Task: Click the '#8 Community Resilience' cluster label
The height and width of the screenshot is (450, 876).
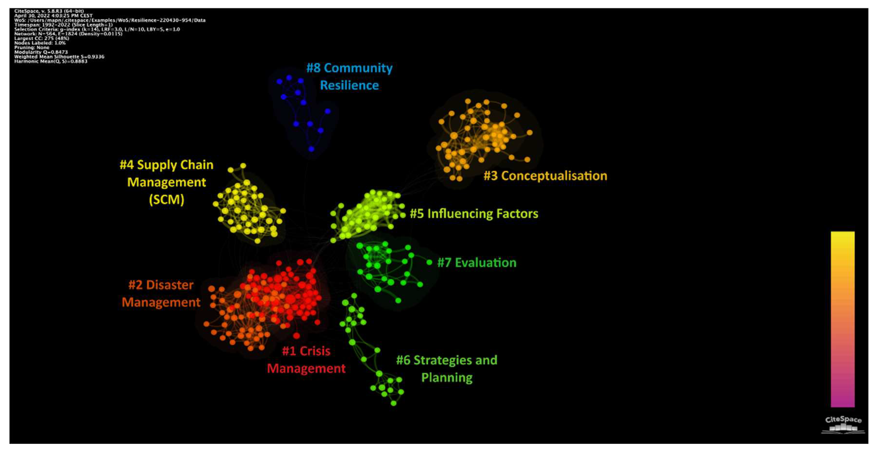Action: [349, 76]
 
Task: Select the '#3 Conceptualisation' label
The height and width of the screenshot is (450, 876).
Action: [545, 176]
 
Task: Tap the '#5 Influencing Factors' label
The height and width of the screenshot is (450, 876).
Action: [474, 214]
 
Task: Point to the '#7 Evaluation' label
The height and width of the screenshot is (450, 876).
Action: [476, 262]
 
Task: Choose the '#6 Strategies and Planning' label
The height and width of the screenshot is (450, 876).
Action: [447, 369]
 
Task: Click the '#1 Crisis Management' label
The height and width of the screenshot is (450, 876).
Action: [306, 360]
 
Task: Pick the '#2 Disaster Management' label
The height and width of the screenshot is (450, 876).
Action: [161, 294]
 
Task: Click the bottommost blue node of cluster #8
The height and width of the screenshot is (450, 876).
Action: [311, 149]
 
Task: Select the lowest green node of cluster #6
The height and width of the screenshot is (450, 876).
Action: [393, 403]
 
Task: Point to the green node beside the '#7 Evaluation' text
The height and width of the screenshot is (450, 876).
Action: [429, 262]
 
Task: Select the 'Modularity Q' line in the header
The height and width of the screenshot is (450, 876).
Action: [41, 52]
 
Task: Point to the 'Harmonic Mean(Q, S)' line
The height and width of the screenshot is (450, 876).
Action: [51, 61]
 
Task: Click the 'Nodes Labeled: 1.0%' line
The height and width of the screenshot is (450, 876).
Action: [40, 43]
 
